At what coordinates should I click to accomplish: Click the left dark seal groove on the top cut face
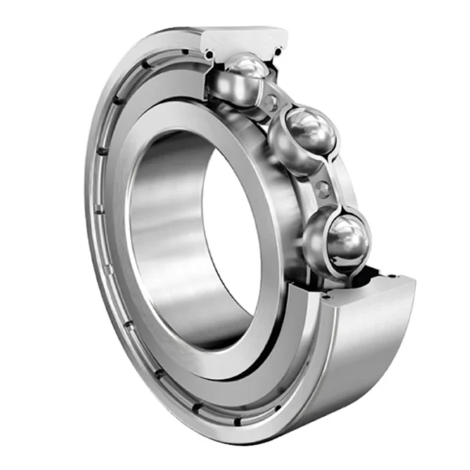pos(209,53)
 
